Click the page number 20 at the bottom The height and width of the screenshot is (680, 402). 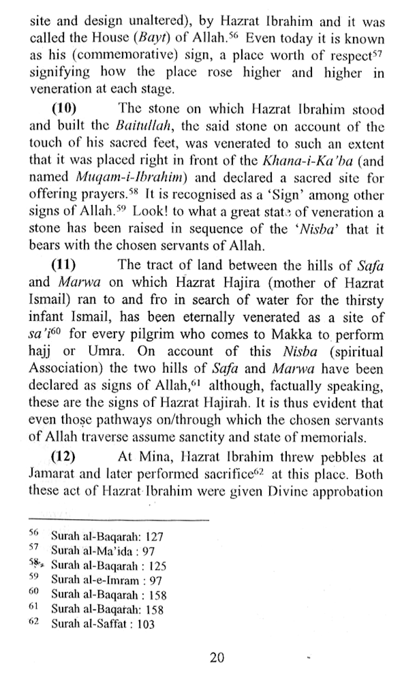tap(217, 658)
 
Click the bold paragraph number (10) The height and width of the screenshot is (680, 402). tap(64, 108)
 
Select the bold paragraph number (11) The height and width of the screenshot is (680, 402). tap(63, 265)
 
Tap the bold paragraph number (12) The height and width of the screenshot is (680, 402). tap(63, 457)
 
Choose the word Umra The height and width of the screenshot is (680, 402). tap(108, 352)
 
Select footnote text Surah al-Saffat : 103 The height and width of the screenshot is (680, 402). tap(103, 624)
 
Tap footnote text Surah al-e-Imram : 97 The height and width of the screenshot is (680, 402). tap(106, 580)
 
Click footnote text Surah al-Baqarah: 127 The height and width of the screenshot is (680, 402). tap(107, 536)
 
